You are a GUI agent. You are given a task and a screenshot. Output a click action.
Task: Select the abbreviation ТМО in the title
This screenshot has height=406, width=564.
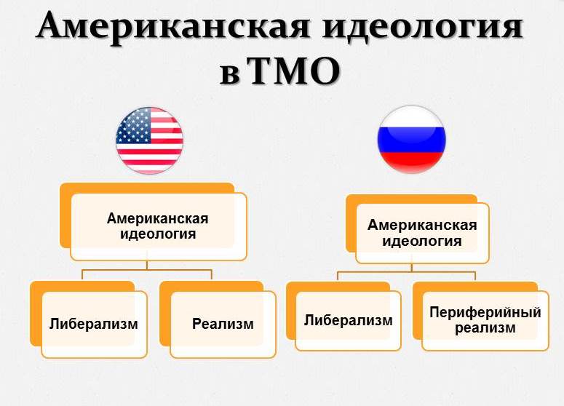click(x=294, y=71)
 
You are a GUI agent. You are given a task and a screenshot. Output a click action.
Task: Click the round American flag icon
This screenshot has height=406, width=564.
click(x=150, y=140)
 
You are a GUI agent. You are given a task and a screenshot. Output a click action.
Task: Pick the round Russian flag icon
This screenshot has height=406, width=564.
click(x=411, y=140)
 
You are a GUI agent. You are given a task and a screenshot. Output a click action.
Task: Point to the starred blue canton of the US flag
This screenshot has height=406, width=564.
click(x=134, y=125)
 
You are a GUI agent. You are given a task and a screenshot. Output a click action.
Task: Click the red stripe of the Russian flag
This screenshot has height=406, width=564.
click(x=411, y=162)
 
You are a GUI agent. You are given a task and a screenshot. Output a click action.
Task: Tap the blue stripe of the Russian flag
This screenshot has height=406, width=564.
click(x=411, y=140)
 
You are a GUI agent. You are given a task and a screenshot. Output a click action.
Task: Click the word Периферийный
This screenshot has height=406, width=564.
click(x=485, y=312)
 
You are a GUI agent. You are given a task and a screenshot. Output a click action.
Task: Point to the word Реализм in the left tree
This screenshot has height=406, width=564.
click(x=223, y=324)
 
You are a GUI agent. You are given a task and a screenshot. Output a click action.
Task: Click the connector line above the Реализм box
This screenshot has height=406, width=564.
click(x=212, y=274)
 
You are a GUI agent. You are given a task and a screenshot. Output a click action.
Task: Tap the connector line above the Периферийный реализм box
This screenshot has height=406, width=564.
click(x=475, y=276)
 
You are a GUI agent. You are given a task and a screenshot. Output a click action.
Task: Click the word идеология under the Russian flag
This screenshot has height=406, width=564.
click(x=422, y=242)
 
